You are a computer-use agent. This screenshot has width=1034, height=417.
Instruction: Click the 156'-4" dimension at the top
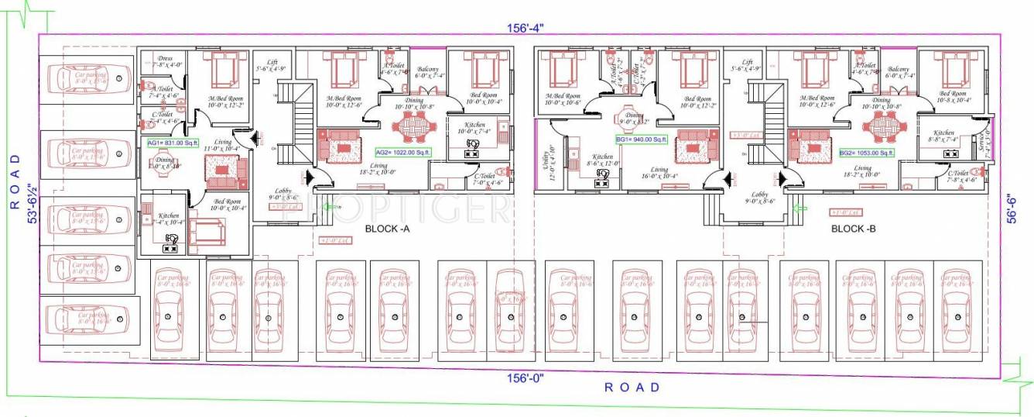pyautogui.click(x=527, y=28)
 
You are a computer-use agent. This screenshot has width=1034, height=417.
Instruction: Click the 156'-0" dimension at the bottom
pyautogui.click(x=526, y=377)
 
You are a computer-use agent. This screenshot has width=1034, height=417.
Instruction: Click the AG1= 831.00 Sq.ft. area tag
pyautogui.click(x=173, y=143)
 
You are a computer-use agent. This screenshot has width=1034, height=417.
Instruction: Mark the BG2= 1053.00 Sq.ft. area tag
pyautogui.click(x=866, y=153)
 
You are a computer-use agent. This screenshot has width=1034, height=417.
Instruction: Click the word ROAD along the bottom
pyautogui.click(x=632, y=388)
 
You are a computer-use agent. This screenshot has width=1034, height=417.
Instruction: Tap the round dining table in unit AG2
pyautogui.click(x=415, y=126)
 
